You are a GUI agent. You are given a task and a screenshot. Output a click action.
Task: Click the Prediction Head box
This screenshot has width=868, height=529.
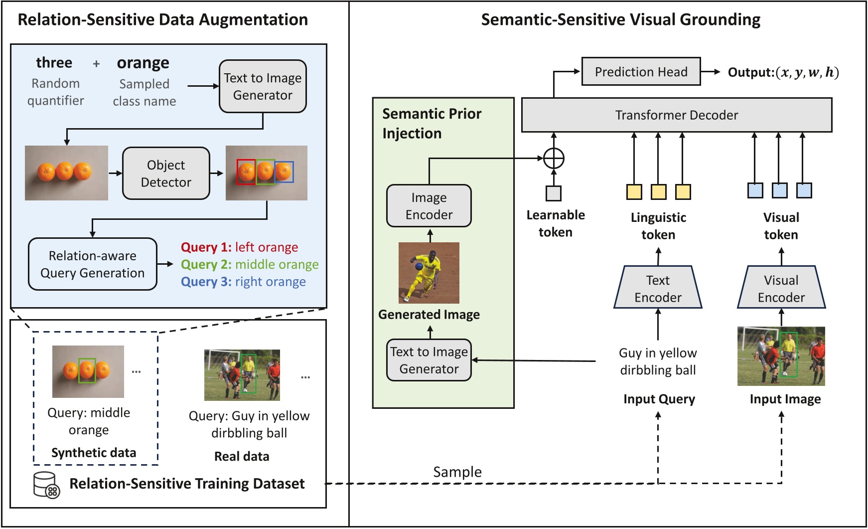(x=641, y=72)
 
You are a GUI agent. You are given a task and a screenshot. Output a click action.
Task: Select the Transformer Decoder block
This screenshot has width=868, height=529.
(x=676, y=115)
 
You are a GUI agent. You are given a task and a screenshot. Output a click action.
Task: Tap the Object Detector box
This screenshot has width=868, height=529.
(x=166, y=174)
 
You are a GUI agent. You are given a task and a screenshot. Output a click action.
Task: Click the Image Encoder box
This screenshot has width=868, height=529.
(x=429, y=206)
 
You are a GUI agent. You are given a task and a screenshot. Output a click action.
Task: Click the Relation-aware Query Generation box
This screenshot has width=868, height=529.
(x=93, y=264)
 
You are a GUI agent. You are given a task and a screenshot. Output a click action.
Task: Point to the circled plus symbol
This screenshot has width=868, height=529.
(x=554, y=159)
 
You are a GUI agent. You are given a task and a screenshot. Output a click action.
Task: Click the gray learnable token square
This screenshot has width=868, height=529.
(x=554, y=193)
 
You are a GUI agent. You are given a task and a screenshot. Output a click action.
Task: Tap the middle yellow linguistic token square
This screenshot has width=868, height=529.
(x=658, y=192)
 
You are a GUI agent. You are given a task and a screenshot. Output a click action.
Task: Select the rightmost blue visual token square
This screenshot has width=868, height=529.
(x=804, y=190)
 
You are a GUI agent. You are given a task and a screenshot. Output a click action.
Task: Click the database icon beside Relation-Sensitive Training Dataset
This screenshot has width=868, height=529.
(x=46, y=485)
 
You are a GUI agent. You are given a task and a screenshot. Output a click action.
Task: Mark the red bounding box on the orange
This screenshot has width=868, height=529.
(x=246, y=172)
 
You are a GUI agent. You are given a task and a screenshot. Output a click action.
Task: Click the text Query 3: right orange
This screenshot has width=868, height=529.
(x=243, y=282)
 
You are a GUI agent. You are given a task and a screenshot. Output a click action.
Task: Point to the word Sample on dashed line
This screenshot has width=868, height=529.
(x=457, y=472)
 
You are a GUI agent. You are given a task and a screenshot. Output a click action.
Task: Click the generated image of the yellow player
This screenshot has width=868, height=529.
(x=429, y=273)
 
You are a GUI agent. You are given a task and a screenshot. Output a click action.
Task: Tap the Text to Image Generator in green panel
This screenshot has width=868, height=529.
(x=429, y=360)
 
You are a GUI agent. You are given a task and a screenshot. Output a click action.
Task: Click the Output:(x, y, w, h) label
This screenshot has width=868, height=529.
(x=783, y=72)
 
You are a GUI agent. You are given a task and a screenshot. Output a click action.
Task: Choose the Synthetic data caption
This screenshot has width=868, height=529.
(x=94, y=453)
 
